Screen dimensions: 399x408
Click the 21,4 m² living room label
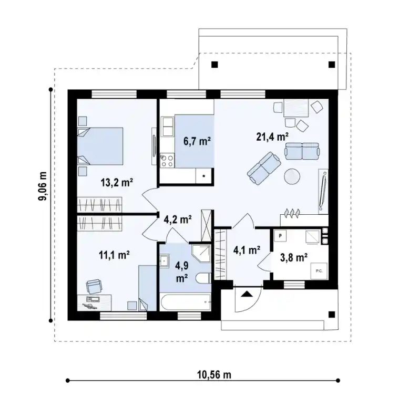pos(272,137)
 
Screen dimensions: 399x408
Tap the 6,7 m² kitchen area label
pos(197,141)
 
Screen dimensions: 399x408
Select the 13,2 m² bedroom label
pos(117,182)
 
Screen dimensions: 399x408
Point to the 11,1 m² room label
pos(114,255)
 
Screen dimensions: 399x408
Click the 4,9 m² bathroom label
pos(182,272)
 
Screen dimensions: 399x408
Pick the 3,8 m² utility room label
pos(294,257)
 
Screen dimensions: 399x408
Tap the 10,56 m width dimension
pos(214,375)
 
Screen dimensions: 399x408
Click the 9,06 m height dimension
pos(43,186)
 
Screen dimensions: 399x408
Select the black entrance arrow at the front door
pos(247,294)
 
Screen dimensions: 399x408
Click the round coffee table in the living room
pos(292,176)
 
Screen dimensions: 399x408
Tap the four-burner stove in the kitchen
pos(167,161)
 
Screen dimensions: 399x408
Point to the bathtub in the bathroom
pos(186,302)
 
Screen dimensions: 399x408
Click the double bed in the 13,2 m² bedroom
pos(100,146)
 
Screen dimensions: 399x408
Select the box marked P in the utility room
pos(280,236)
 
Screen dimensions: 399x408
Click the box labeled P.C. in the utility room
pos(319,271)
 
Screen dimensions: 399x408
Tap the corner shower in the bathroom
pos(201,254)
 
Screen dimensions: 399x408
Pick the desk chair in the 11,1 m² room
pos(94,286)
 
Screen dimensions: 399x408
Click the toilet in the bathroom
pos(203,278)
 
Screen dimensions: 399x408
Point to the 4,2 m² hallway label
pos(178,219)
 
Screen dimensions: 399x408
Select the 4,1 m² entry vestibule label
pos(247,250)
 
